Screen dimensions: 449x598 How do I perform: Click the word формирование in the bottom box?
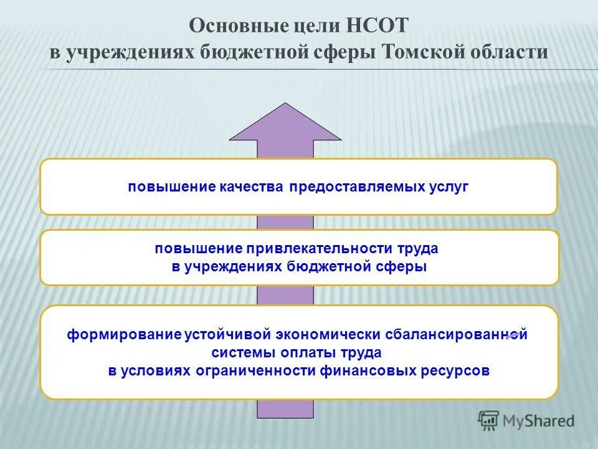click(x=125, y=334)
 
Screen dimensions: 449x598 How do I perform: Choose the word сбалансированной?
click(x=460, y=334)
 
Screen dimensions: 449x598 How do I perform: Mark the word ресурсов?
click(x=458, y=370)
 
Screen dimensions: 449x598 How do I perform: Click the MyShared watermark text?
click(x=539, y=421)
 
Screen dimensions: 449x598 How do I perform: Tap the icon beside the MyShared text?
click(x=489, y=420)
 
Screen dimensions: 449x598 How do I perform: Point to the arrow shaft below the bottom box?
click(x=285, y=408)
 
